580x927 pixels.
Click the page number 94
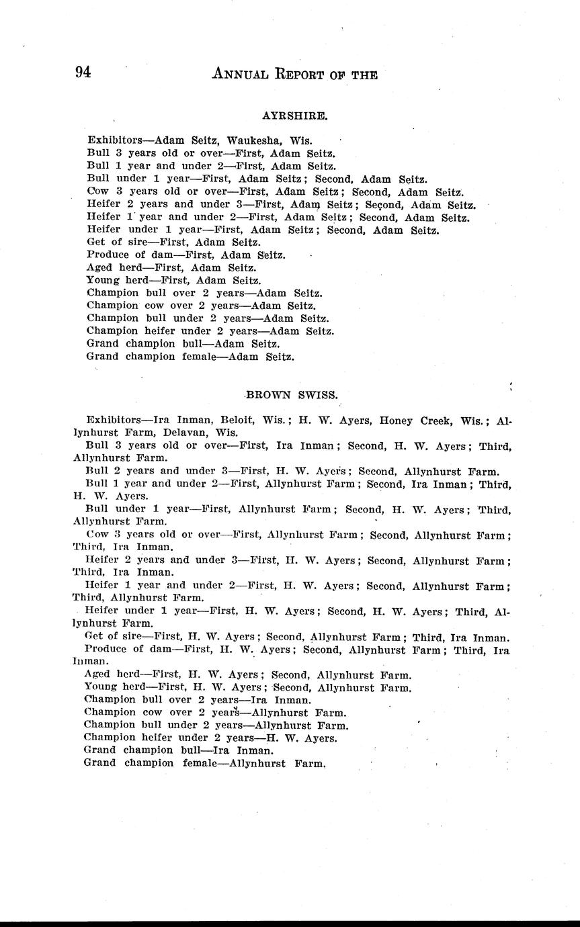83,73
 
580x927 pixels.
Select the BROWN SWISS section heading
290,395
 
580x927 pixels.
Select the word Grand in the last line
99,763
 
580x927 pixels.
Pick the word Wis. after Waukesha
296,141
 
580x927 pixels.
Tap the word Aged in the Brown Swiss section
97,675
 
